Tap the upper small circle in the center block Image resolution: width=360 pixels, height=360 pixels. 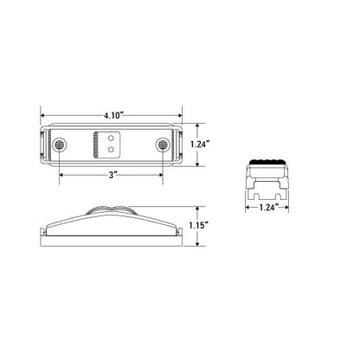[111, 136]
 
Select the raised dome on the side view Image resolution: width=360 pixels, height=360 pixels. [110, 210]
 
